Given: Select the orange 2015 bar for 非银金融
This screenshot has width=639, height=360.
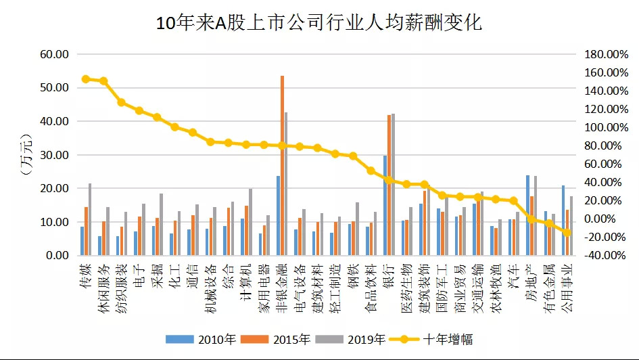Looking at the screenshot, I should click(282, 166).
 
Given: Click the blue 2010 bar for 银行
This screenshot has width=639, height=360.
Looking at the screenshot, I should click(385, 206).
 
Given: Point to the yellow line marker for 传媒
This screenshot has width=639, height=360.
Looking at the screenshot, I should click(86, 79).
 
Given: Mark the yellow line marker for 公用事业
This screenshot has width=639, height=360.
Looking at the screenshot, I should click(567, 232).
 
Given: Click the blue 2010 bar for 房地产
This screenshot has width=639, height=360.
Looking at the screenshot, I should click(527, 215).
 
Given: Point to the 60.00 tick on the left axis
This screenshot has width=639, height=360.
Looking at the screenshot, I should click(54, 54).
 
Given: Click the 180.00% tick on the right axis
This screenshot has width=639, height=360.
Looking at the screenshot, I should click(602, 54).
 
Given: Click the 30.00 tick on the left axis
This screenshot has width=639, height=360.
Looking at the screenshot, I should click(54, 155).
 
